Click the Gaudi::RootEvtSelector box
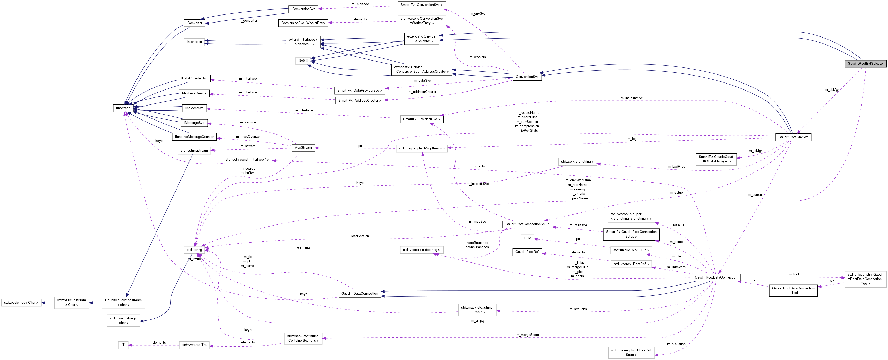(865, 63)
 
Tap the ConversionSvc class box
(527, 77)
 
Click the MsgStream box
(303, 148)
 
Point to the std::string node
(194, 250)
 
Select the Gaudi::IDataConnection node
(360, 294)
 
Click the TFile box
(527, 238)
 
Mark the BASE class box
(303, 61)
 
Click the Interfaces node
(194, 42)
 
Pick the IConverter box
(194, 23)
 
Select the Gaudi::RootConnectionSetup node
(527, 224)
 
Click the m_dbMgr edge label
(831, 90)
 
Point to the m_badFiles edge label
(676, 167)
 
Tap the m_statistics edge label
(676, 344)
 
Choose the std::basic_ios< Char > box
(21, 302)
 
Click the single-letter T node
(123, 345)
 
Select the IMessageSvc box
(194, 123)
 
